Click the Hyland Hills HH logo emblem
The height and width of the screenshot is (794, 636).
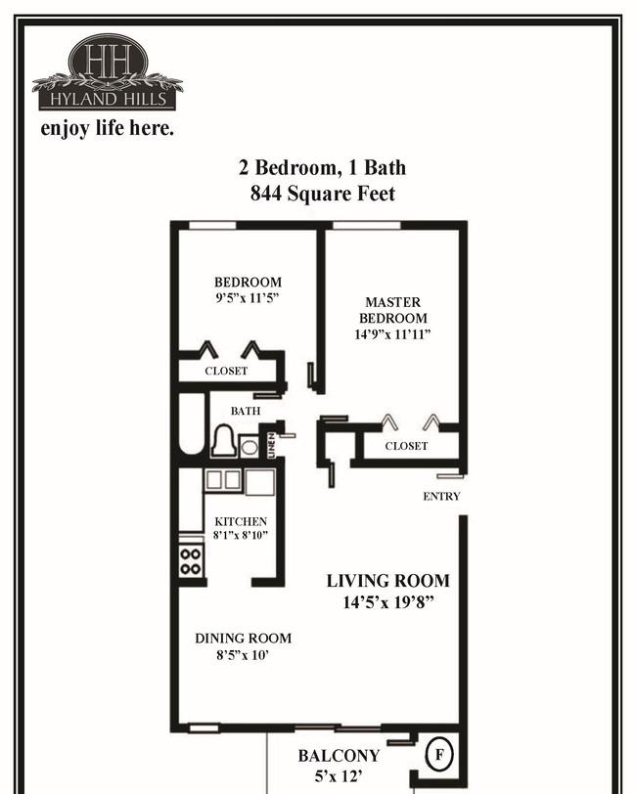pos(108,72)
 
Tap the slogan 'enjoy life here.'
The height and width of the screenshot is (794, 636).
pos(107,128)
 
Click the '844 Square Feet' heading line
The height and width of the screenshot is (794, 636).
pos(322,194)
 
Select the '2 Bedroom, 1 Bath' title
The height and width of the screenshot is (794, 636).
pos(322,167)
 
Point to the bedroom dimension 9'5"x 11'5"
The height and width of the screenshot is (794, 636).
pos(248,297)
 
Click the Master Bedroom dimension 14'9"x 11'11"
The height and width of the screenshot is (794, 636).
pos(392,334)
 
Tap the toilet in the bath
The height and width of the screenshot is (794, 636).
pos(223,440)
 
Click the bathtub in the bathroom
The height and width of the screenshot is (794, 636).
pos(192,424)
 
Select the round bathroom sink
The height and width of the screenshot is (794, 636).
pos(249,447)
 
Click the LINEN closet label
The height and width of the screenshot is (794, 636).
pos(271,445)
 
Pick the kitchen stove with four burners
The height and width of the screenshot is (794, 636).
pos(191,561)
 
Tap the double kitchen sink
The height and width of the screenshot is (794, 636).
pos(223,479)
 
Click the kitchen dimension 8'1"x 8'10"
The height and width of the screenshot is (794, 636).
pos(241,535)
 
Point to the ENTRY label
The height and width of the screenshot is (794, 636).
pos(441,497)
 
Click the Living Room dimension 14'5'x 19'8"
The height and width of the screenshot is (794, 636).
pos(388,602)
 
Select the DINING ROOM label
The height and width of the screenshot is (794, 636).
pos(244,638)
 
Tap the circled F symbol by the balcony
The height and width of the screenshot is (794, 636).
pos(439,755)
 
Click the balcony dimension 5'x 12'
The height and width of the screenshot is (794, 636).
pos(339,775)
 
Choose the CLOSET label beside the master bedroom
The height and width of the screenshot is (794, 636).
pos(406,446)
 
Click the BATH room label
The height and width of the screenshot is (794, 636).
pos(246,411)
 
